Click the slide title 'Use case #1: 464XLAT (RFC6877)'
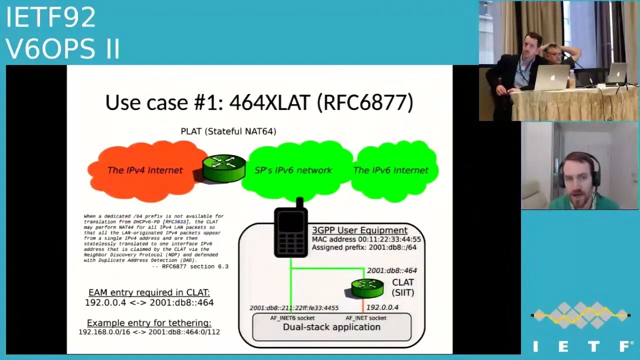(259, 102)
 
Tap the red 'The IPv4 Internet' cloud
(145, 170)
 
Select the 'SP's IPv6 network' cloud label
(293, 170)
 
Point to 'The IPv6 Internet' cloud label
(390, 170)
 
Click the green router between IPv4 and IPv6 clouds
(224, 167)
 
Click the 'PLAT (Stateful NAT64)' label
(228, 131)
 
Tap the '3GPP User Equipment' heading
(359, 230)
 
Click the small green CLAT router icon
(367, 287)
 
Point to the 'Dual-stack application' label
(331, 327)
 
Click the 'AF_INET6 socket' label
(292, 318)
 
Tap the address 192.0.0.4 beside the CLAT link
(382, 307)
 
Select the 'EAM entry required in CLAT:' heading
(149, 292)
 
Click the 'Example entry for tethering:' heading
(149, 323)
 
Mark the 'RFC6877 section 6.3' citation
(190, 266)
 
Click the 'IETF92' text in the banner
(50, 18)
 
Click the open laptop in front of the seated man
(550, 78)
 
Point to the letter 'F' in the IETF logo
(625, 346)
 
